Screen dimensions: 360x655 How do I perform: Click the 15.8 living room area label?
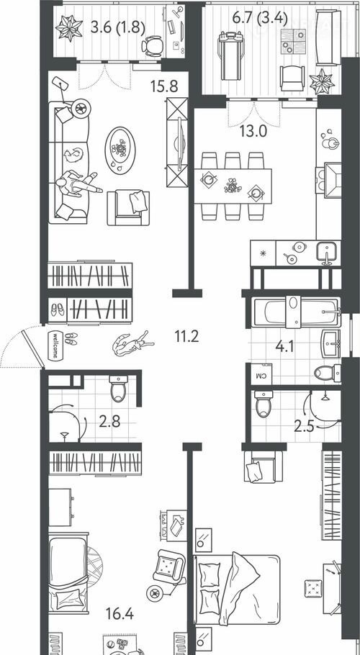tap(165, 86)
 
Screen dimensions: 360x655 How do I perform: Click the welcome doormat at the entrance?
tap(55, 345)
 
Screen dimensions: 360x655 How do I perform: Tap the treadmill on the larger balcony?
tap(231, 56)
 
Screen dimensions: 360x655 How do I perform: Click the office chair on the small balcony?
tap(152, 45)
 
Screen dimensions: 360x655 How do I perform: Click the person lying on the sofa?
tap(78, 183)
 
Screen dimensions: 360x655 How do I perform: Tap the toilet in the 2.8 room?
tap(119, 388)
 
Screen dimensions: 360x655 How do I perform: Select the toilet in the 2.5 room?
tap(264, 404)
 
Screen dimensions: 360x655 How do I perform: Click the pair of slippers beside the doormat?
tap(71, 338)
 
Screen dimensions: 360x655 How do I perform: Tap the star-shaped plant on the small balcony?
tap(69, 28)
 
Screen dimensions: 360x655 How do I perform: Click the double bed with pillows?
tap(236, 589)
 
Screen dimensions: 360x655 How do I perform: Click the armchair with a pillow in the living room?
tap(129, 208)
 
